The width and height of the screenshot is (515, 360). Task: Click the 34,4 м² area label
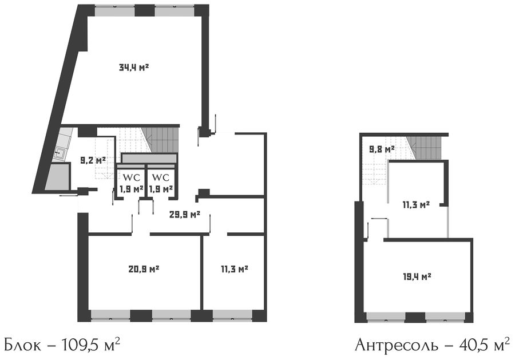point(134,68)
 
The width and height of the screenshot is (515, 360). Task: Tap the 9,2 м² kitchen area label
point(93,160)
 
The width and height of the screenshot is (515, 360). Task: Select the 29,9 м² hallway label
point(185,215)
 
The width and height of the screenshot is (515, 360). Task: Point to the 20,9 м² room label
point(144,269)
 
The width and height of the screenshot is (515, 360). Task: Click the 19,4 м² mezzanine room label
point(417,277)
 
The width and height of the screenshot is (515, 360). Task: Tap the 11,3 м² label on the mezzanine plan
point(416,205)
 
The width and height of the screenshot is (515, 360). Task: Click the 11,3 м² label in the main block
point(234,270)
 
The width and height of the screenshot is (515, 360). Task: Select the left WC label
point(132,177)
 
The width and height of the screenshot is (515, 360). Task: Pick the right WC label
point(161,177)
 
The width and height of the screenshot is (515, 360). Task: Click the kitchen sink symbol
point(60,152)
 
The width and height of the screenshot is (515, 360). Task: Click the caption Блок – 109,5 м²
point(61,345)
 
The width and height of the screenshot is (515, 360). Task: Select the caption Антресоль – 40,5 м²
point(433,345)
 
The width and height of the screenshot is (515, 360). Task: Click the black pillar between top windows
point(145,10)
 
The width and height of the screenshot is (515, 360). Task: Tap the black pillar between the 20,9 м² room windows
point(141,316)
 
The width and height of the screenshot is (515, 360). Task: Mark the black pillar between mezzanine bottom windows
point(415,318)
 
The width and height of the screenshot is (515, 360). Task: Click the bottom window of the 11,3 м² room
point(232,316)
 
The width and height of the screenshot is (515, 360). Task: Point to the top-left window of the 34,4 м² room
point(114,10)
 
